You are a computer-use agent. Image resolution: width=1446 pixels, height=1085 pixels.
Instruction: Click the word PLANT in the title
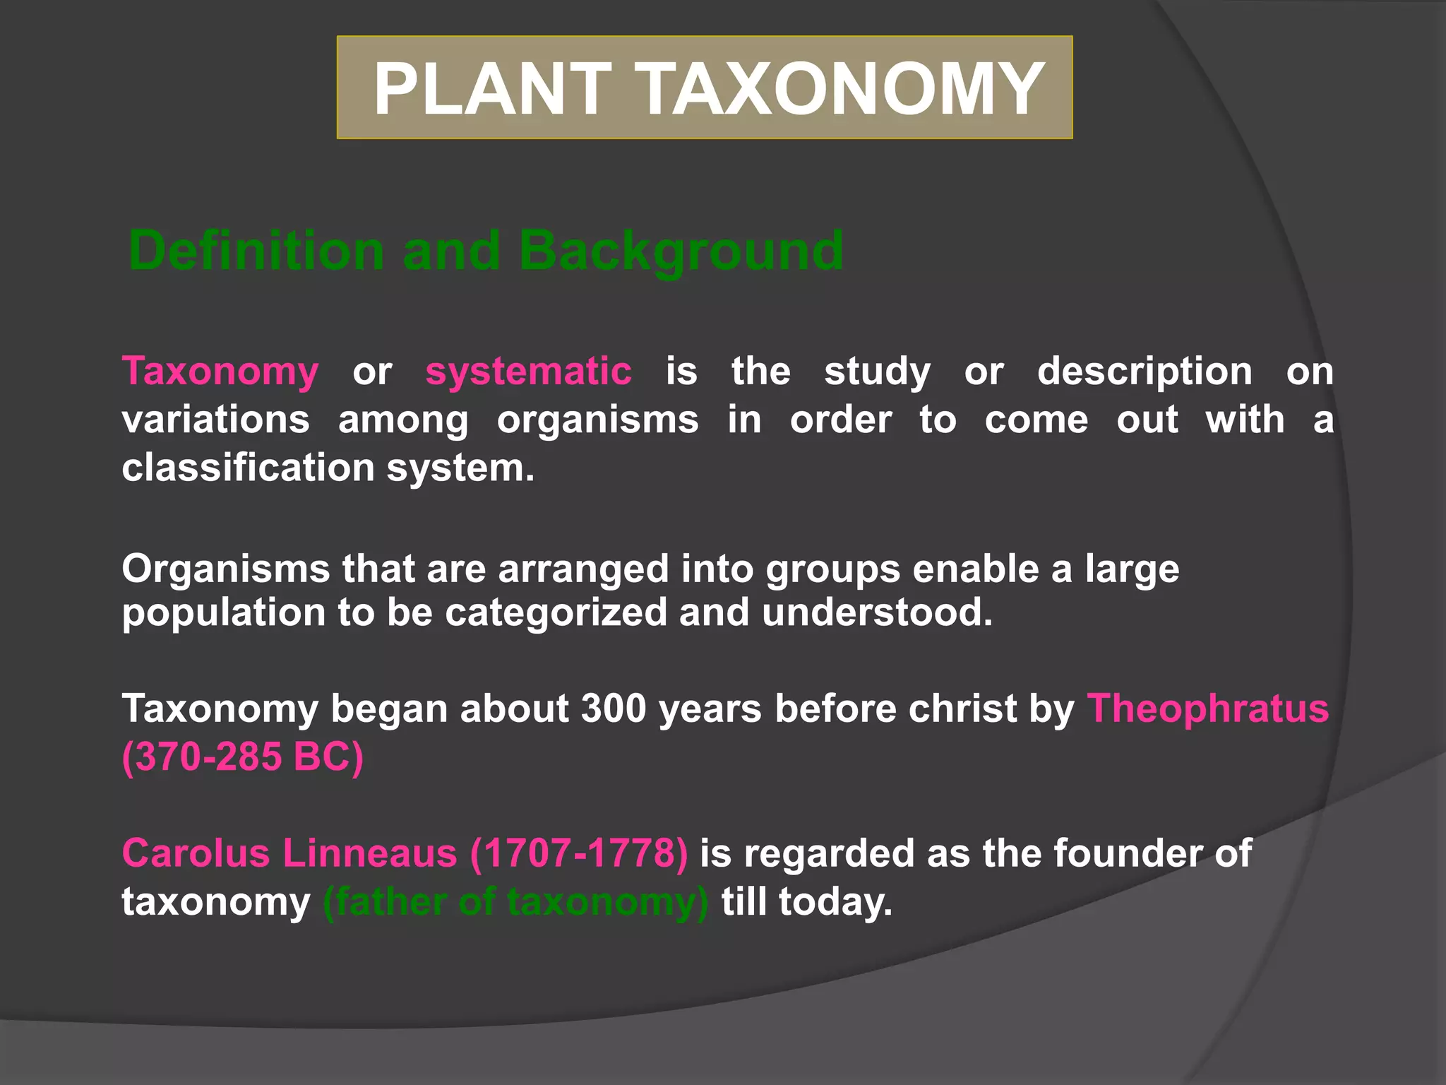click(x=492, y=88)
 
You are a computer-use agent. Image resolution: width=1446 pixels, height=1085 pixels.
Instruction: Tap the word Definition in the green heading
click(x=256, y=251)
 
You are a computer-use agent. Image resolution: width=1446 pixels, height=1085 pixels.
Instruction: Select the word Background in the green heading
click(x=681, y=251)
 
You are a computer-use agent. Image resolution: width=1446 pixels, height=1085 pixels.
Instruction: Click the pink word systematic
click(x=528, y=372)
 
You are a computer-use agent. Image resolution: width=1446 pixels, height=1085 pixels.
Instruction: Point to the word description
click(x=1145, y=372)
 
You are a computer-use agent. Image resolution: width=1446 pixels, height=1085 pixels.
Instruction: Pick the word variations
click(x=215, y=420)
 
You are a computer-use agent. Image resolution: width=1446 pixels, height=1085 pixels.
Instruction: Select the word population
click(x=223, y=612)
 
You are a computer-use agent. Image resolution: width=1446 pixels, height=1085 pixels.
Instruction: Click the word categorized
click(x=556, y=612)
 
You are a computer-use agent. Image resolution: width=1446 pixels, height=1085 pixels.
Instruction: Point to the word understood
click(x=877, y=612)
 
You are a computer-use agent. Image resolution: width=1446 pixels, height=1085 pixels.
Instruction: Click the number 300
click(x=614, y=708)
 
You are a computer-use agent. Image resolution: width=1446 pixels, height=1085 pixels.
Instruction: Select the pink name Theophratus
click(x=1207, y=708)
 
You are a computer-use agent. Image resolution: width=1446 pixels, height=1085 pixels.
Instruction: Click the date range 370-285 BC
click(x=243, y=757)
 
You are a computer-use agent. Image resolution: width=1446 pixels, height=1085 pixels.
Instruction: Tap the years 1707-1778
click(x=579, y=853)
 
